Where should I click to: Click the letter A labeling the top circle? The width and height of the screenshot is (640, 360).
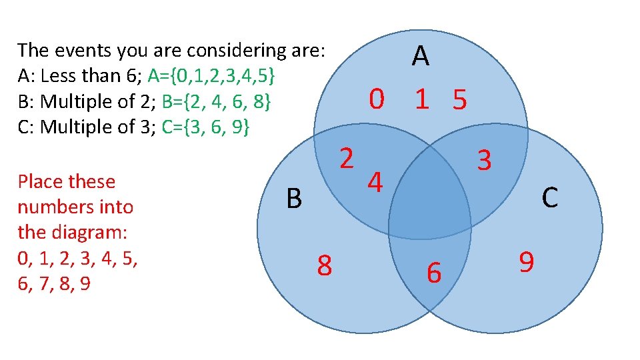[420, 57]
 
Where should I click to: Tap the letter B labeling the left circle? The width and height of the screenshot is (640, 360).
[294, 198]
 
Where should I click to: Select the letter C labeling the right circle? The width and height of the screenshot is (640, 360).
[549, 197]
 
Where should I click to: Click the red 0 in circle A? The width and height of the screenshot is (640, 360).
[377, 100]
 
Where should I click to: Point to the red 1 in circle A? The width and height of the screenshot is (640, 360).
[421, 100]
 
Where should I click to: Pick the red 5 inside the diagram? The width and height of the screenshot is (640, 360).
[459, 101]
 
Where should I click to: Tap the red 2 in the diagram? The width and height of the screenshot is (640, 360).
[346, 158]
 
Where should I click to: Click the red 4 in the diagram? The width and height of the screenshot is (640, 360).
[376, 182]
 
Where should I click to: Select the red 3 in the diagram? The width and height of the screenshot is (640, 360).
[484, 161]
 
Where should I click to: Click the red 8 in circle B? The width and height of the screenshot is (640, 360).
[324, 265]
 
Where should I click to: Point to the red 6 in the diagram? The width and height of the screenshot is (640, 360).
[434, 272]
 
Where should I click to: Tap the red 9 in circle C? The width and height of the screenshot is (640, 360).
[526, 262]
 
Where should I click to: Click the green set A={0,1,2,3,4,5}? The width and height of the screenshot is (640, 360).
[212, 76]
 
